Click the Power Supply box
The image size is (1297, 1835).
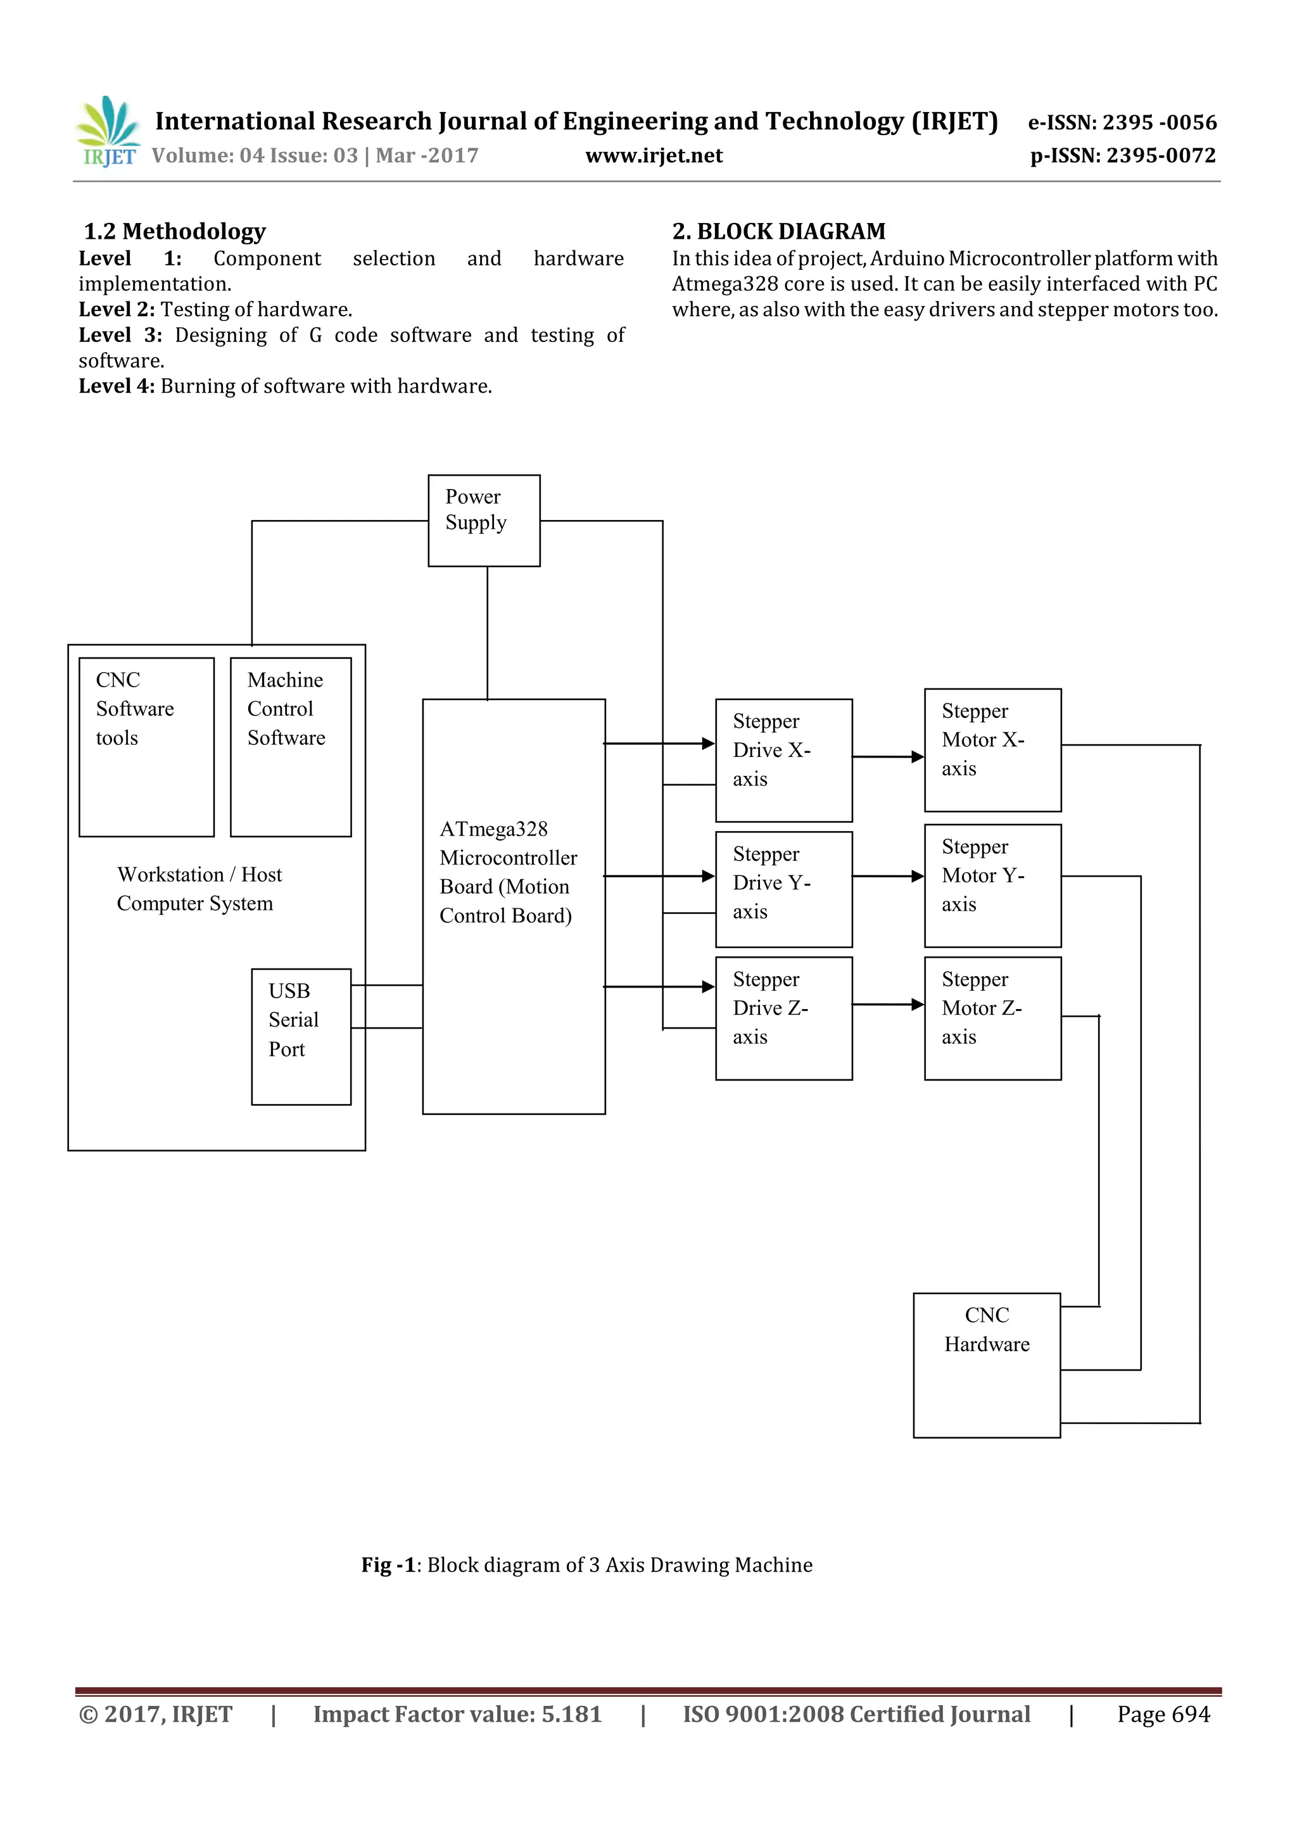[x=483, y=520]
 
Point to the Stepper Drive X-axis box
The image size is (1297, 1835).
[x=783, y=759]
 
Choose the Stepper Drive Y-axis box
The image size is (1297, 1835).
[x=783, y=889]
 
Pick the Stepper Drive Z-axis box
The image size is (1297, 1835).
[x=783, y=1017]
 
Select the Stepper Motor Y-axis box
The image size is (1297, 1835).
[x=992, y=885]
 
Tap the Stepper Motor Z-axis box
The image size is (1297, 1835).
[x=992, y=1017]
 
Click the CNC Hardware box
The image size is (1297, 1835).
[x=986, y=1364]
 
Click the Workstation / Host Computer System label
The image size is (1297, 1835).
[x=198, y=888]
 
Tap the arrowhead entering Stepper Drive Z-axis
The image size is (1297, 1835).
[x=708, y=986]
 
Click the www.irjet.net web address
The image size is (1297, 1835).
[x=653, y=155]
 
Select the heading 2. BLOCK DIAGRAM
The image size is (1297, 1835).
[x=778, y=231]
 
